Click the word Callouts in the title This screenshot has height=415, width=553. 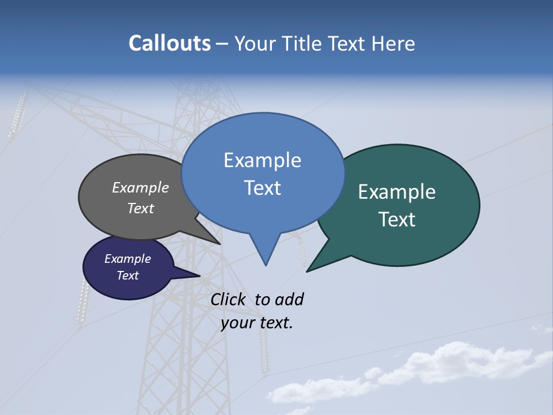(x=170, y=43)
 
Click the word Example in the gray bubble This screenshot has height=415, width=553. (x=141, y=187)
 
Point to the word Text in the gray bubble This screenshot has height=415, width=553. (x=141, y=208)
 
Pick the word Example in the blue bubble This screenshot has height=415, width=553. (x=262, y=160)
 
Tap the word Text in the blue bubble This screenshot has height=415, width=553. (x=262, y=188)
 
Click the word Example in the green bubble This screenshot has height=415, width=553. (x=397, y=192)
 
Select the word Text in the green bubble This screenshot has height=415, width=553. (x=397, y=220)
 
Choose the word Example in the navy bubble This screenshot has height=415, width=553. (x=128, y=259)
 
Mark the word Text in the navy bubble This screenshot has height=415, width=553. (x=128, y=276)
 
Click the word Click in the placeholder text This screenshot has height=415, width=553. (x=228, y=299)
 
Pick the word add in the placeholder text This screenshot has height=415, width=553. (x=289, y=299)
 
